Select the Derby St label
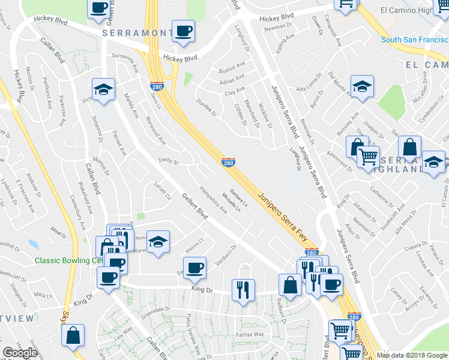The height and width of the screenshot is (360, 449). [x=169, y=161]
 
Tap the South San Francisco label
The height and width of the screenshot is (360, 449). [x=415, y=40]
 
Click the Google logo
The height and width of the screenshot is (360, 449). [x=20, y=353]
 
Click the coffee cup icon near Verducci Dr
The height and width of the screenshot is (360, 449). [x=194, y=268]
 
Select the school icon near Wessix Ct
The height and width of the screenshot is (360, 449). [x=158, y=241]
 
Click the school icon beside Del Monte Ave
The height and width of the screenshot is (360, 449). [x=362, y=86]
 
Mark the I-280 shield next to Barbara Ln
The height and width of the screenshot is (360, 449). [x=228, y=162]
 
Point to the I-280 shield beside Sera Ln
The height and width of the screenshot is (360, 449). [x=155, y=87]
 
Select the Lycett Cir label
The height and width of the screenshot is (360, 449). [x=163, y=190]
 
